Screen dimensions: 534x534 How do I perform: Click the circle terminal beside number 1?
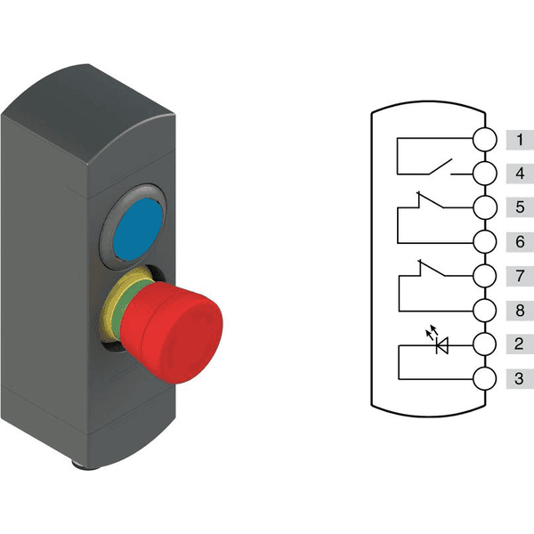[485, 140]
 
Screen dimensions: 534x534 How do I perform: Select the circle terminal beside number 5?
[485, 208]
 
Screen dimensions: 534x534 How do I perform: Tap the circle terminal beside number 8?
[485, 311]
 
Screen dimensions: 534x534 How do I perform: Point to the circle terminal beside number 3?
[485, 379]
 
